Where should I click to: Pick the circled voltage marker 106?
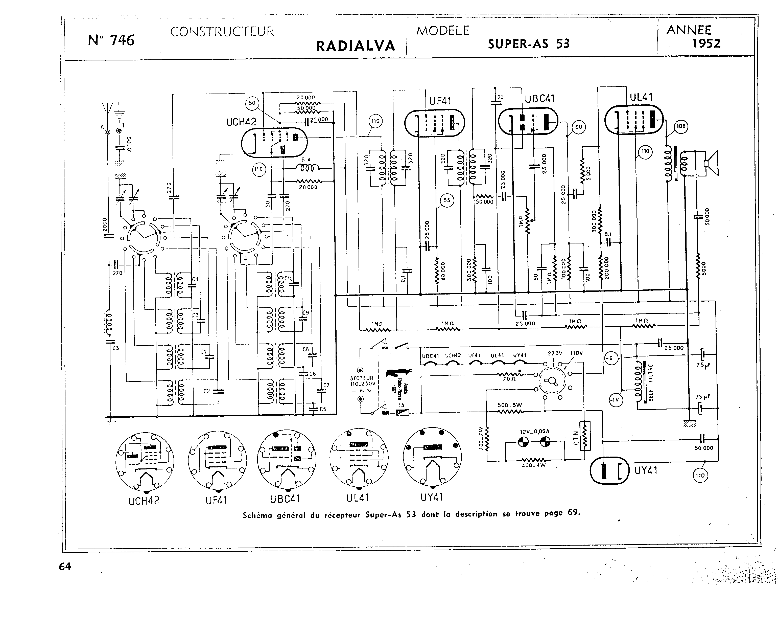[681, 126]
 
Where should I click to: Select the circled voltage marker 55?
[447, 200]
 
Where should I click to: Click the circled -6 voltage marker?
[610, 358]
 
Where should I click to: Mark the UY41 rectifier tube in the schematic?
[609, 470]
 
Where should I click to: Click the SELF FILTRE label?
[650, 383]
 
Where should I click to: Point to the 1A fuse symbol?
[403, 412]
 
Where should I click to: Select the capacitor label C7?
[326, 385]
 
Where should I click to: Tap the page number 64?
[65, 566]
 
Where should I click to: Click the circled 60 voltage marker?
[578, 127]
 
